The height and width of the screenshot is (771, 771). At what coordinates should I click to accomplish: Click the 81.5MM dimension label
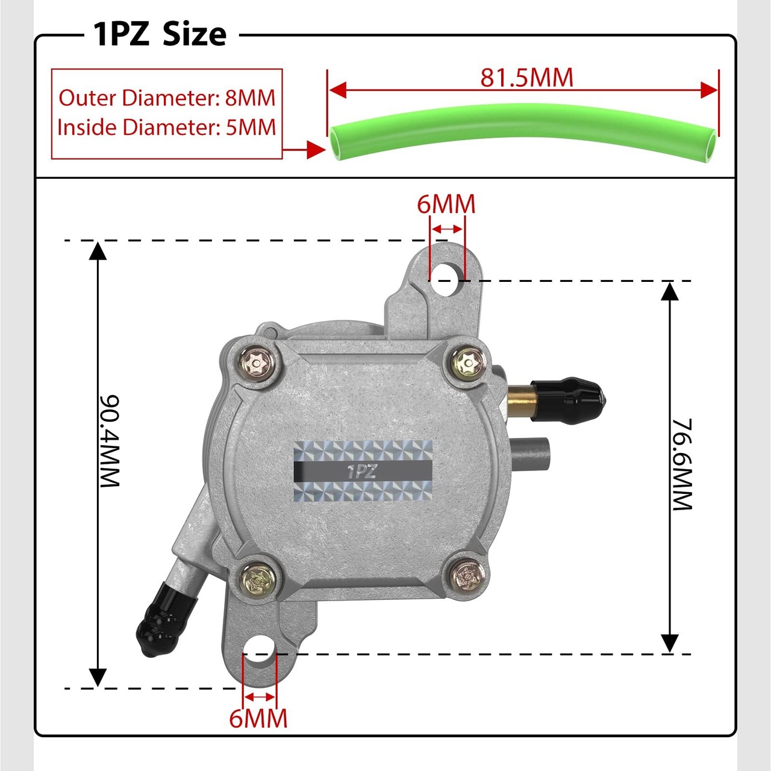click(x=526, y=78)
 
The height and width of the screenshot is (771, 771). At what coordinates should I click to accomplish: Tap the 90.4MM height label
click(x=109, y=442)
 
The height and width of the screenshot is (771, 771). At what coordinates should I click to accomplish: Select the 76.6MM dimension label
click(x=682, y=464)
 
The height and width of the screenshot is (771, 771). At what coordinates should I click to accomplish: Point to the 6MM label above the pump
click(x=446, y=204)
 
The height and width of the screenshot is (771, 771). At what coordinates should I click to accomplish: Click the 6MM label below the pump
click(x=258, y=718)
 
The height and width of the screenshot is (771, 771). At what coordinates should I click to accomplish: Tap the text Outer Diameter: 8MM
click(x=167, y=98)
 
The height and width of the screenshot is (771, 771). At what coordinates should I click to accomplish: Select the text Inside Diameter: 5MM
click(x=167, y=127)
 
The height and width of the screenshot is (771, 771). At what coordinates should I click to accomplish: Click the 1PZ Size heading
click(x=160, y=35)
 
